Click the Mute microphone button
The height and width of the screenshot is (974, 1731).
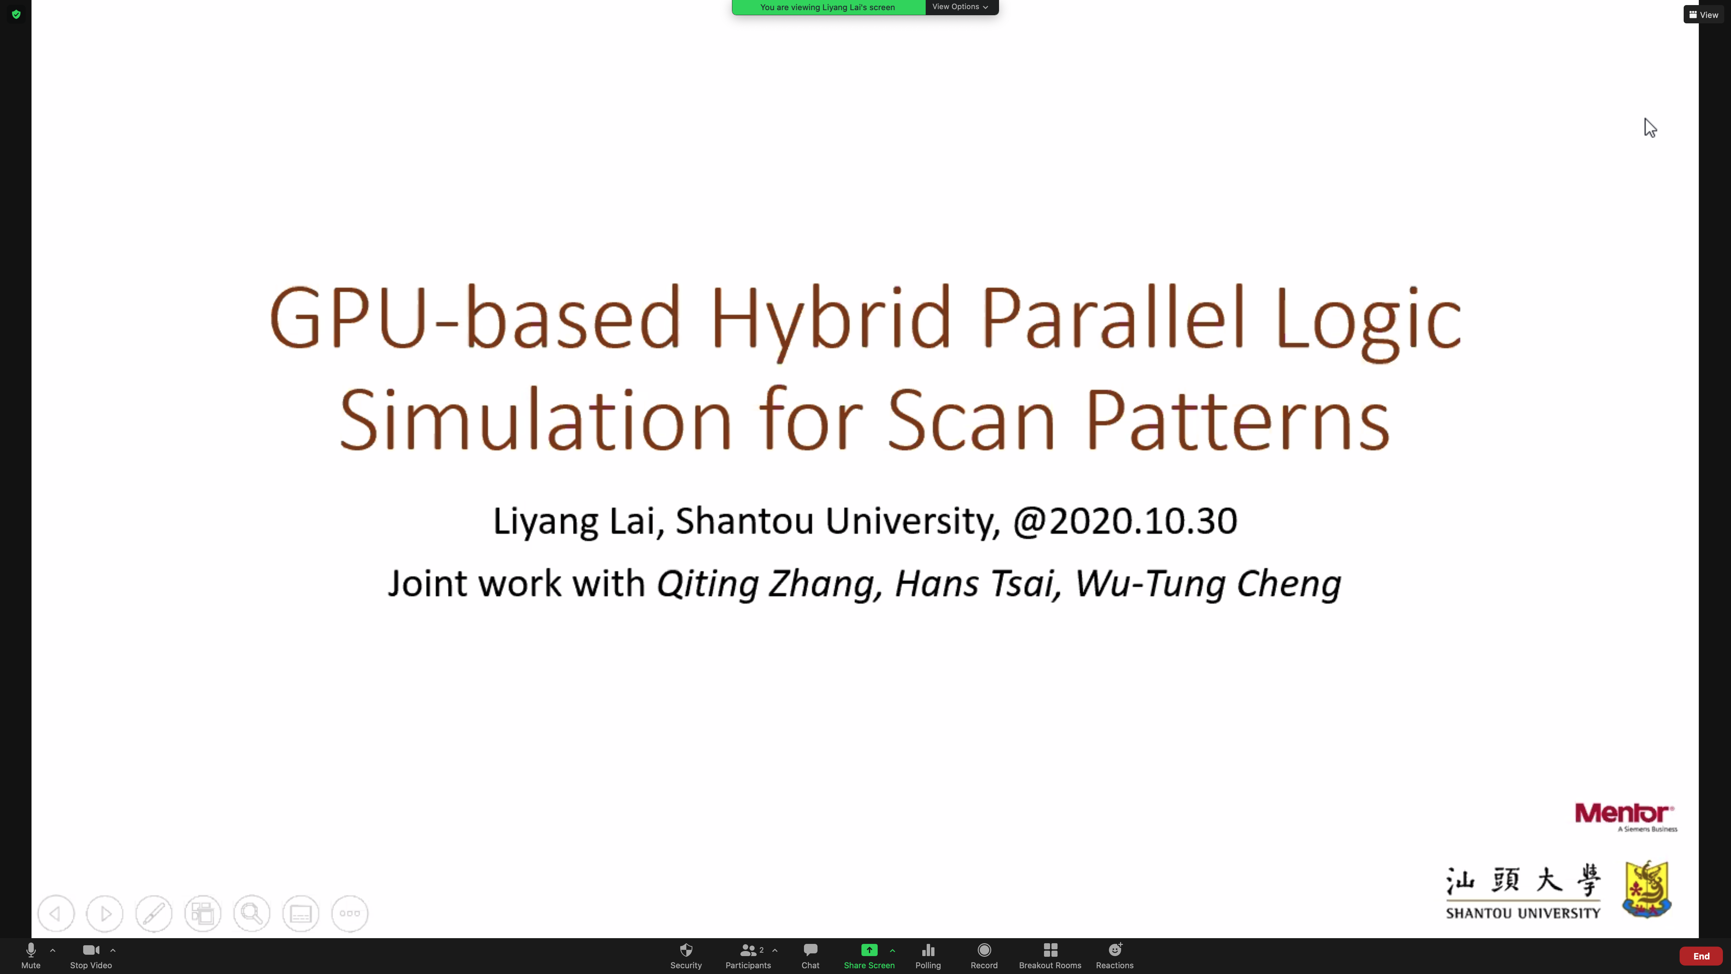[x=31, y=955]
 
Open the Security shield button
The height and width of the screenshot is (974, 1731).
[x=685, y=955]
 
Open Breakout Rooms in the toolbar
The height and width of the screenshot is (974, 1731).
[x=1050, y=955]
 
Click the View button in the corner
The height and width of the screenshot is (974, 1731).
[x=1704, y=14]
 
